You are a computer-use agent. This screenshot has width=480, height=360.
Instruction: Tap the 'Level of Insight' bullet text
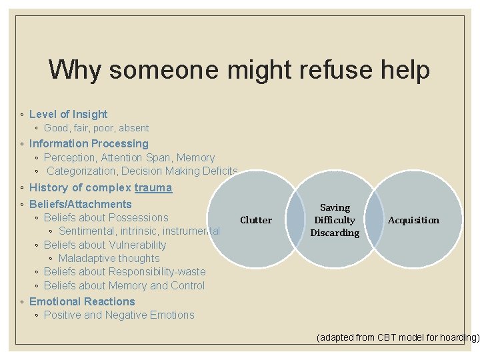click(x=68, y=114)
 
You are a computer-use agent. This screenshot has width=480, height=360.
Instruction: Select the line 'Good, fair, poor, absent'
click(x=96, y=128)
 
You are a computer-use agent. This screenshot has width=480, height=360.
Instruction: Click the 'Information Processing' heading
click(x=89, y=143)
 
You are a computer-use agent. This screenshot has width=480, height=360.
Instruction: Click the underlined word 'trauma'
click(x=153, y=188)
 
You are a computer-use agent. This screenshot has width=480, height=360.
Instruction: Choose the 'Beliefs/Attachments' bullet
click(x=81, y=204)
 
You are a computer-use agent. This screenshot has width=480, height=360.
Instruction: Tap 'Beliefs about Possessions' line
click(x=106, y=217)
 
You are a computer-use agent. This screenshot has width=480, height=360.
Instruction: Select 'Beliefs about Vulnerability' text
click(x=105, y=245)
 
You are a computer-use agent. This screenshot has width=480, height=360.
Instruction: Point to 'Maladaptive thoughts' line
click(x=109, y=259)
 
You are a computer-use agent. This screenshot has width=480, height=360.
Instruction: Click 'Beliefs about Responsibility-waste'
click(x=125, y=272)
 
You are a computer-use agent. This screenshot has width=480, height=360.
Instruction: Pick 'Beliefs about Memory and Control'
click(x=124, y=286)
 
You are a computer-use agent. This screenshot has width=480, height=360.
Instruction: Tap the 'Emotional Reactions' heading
click(x=82, y=301)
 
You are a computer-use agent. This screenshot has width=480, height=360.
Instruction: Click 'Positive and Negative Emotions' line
click(x=119, y=315)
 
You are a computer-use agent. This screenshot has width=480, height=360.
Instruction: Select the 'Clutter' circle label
click(x=256, y=220)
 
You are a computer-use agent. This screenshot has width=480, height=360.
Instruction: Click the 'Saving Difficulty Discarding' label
click(x=335, y=220)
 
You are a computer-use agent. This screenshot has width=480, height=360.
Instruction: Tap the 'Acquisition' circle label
click(x=413, y=220)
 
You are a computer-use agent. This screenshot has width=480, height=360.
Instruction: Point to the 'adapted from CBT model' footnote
click(x=398, y=337)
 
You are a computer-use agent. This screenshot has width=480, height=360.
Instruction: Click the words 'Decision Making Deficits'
click(x=179, y=171)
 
